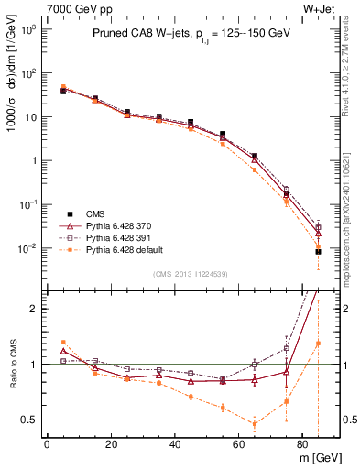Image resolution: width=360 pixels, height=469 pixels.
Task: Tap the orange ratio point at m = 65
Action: (x=255, y=423)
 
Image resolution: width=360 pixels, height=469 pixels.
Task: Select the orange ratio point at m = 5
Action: (x=63, y=342)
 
